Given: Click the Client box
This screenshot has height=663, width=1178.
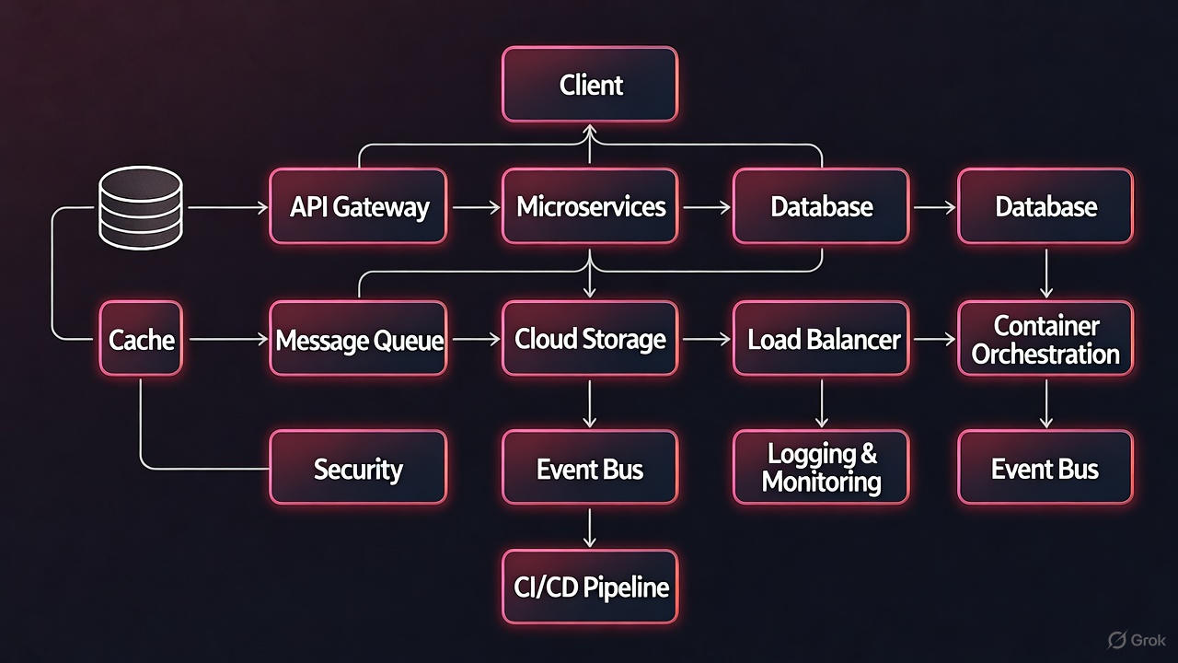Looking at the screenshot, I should pyautogui.click(x=590, y=86).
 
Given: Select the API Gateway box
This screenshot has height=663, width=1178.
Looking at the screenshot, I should pyautogui.click(x=358, y=206).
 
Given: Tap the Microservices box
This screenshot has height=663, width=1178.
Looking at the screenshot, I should pyautogui.click(x=590, y=206).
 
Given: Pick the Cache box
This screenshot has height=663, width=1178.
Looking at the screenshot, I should pyautogui.click(x=141, y=339).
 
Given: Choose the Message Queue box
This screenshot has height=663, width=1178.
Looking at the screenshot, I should pyautogui.click(x=358, y=339).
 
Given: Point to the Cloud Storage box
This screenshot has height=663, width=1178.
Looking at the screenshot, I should pyautogui.click(x=590, y=339).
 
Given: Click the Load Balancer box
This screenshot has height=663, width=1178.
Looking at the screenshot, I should pyautogui.click(x=822, y=339).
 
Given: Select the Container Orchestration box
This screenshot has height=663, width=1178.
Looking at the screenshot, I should pyautogui.click(x=1045, y=339).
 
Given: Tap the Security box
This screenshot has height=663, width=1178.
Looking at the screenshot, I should pyautogui.click(x=358, y=468).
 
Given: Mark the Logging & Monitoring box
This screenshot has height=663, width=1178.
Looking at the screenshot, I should pyautogui.click(x=822, y=468).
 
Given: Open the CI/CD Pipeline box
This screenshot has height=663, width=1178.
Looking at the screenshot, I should pyautogui.click(x=590, y=587).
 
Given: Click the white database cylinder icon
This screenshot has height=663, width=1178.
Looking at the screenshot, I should pyautogui.click(x=141, y=208).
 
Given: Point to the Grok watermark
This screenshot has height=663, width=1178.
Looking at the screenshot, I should pyautogui.click(x=1138, y=639).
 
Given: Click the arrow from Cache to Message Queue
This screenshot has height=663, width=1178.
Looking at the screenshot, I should pyautogui.click(x=225, y=340).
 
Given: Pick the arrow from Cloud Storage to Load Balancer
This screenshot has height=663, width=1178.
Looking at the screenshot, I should pyautogui.click(x=705, y=340).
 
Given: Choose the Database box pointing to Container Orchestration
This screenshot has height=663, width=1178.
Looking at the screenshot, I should pyautogui.click(x=1045, y=206).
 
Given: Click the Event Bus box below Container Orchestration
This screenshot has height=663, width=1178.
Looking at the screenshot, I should pyautogui.click(x=1045, y=468).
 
